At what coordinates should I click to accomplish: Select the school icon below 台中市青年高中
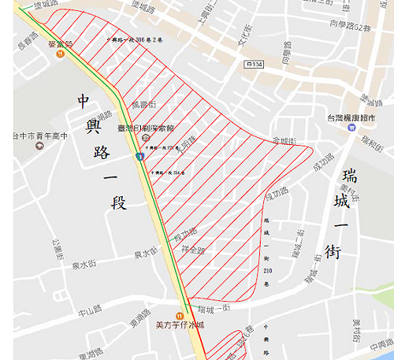click(37, 147)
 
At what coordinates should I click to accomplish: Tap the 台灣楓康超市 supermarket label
click(351, 118)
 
